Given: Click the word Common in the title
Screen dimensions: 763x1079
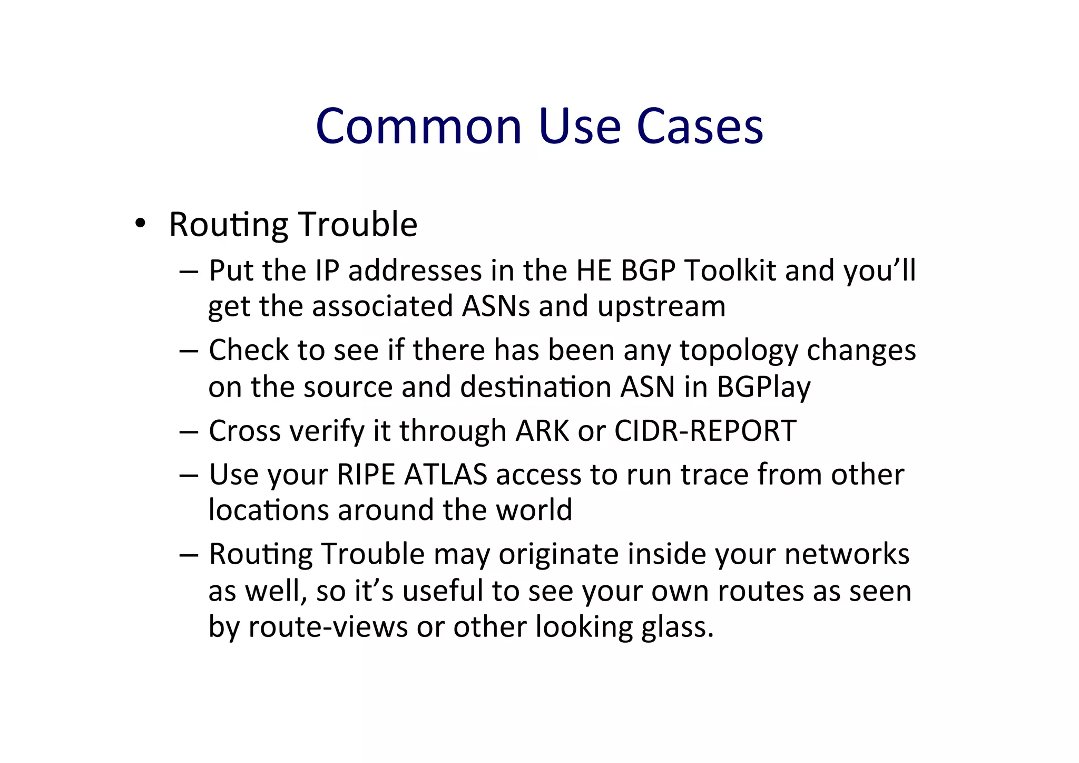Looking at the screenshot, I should (x=418, y=127).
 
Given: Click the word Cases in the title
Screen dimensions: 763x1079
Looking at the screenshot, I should (x=700, y=127).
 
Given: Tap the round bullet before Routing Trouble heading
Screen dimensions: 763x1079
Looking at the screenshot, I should (x=140, y=224).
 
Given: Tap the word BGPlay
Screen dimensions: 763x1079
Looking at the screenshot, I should (x=763, y=387).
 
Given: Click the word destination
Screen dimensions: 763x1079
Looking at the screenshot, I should (x=536, y=387).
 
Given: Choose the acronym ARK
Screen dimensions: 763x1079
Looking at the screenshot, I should (x=542, y=431).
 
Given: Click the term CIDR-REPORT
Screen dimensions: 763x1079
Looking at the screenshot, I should (x=705, y=431).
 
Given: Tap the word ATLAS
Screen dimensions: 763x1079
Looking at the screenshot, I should (x=445, y=474).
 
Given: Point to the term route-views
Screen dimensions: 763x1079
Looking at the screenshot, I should (x=328, y=627).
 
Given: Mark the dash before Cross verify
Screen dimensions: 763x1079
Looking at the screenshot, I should (x=189, y=432).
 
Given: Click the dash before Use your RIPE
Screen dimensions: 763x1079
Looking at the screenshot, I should (x=189, y=475).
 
